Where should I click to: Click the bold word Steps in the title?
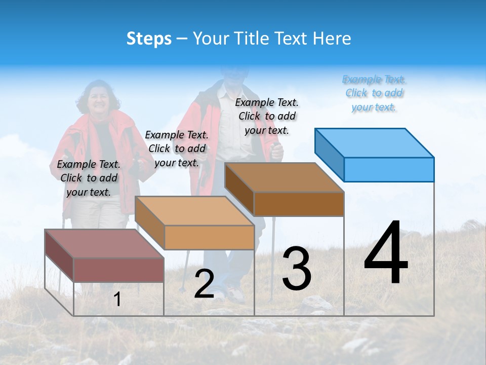pyautogui.click(x=149, y=39)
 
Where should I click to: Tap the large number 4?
pyautogui.click(x=386, y=253)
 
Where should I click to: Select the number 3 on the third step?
pyautogui.click(x=297, y=268)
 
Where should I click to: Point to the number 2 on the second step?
pyautogui.click(x=204, y=284)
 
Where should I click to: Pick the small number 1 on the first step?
pyautogui.click(x=117, y=300)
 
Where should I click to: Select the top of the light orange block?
pyautogui.click(x=194, y=211)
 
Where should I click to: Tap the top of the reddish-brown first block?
pyautogui.click(x=104, y=244)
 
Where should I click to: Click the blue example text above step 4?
pyautogui.click(x=374, y=93)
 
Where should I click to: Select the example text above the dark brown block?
pyautogui.click(x=267, y=116)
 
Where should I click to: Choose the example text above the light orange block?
pyautogui.click(x=177, y=149)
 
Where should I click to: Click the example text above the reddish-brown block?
pyautogui.click(x=89, y=178)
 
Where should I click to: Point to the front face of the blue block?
pyautogui.click(x=389, y=169)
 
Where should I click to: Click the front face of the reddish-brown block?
pyautogui.click(x=118, y=270)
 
